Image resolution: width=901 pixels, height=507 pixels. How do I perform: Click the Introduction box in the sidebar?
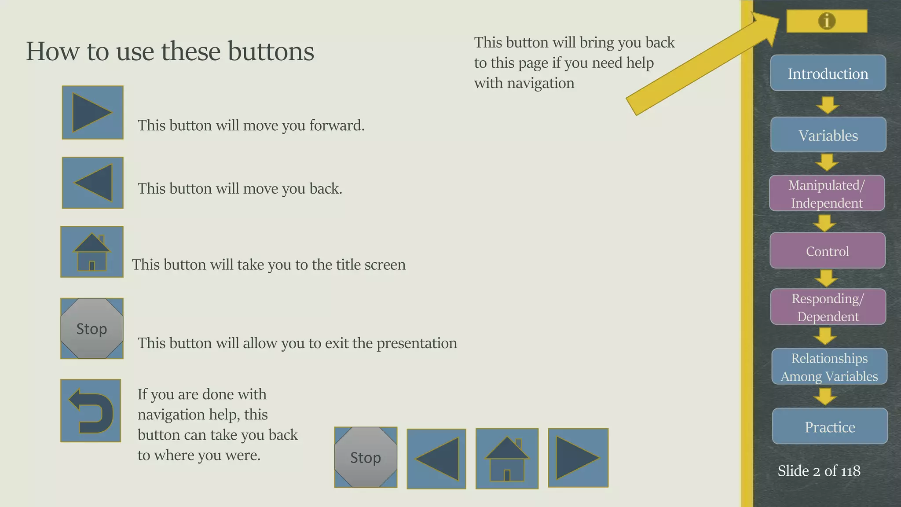coord(828,73)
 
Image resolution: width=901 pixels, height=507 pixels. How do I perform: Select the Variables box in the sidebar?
coord(828,135)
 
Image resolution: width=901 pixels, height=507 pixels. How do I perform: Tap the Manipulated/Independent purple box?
coord(827,193)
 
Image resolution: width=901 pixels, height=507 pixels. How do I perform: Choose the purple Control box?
coord(827,250)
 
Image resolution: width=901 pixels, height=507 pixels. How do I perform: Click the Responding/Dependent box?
coord(828,307)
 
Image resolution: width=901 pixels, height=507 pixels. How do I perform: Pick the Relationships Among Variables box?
coord(829,367)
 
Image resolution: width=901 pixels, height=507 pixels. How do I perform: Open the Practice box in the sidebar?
coord(830,426)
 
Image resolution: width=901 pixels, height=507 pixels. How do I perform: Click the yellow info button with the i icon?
coord(827,21)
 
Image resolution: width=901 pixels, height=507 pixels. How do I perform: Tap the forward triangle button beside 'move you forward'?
coord(92,113)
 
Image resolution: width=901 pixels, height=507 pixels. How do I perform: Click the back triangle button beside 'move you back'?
coord(92,183)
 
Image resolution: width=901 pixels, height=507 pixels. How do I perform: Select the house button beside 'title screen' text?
coord(92,252)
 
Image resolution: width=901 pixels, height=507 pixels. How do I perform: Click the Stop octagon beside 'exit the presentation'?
coord(92,328)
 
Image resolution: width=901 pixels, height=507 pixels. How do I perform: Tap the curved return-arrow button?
coord(91,410)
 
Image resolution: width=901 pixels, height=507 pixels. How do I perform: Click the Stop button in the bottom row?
coord(366,457)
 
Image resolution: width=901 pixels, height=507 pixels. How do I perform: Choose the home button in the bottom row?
coord(507,458)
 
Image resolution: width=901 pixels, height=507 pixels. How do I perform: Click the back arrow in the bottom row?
coord(436,459)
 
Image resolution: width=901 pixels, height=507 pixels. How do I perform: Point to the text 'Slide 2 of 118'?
coord(819,471)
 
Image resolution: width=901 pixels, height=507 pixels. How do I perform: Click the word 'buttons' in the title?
coord(271,51)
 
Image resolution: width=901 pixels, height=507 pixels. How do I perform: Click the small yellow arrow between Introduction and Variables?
coord(828,105)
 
